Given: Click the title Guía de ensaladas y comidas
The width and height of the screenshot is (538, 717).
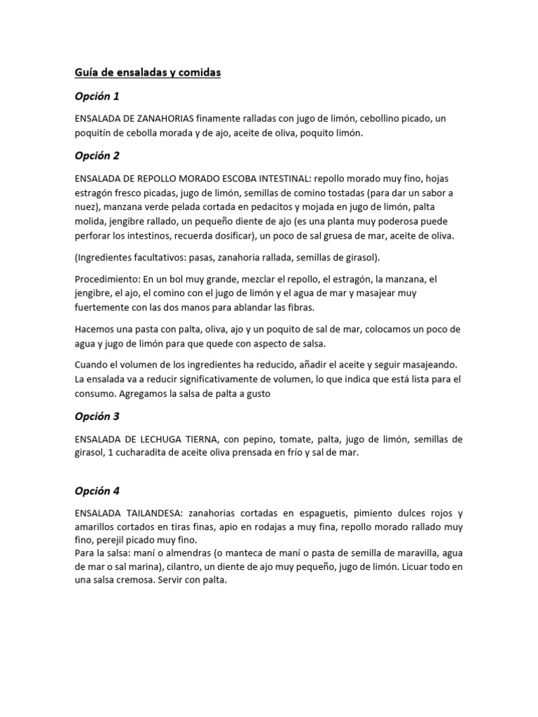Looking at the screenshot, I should tap(148, 72).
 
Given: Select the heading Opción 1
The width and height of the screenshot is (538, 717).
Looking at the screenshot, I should tap(97, 96).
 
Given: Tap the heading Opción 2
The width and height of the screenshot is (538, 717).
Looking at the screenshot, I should tap(97, 155).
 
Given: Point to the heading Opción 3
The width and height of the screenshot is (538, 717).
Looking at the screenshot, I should tap(97, 416).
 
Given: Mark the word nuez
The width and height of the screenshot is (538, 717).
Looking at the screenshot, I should tap(87, 207).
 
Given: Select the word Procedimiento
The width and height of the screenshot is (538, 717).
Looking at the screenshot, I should tap(106, 279).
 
